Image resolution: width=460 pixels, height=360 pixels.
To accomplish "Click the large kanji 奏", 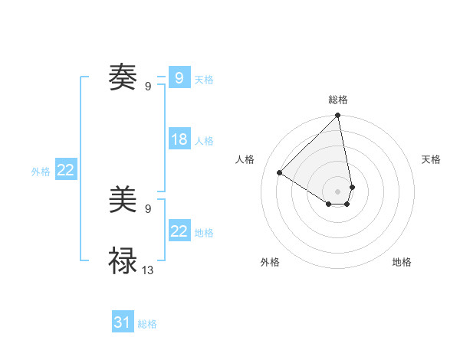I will [123, 77].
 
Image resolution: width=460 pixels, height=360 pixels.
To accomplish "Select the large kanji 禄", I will [123, 261].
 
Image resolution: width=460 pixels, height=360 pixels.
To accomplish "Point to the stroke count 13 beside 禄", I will [148, 270].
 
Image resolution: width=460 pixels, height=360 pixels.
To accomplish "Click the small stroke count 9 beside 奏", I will [148, 86].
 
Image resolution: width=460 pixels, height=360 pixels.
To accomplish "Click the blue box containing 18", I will [179, 139].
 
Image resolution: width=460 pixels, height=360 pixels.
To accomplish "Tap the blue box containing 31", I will [123, 322].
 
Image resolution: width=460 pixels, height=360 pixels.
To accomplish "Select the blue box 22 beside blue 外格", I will [65, 170].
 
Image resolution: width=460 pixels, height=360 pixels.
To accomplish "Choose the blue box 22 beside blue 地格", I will [179, 231].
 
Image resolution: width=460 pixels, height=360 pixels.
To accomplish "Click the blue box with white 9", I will [179, 77].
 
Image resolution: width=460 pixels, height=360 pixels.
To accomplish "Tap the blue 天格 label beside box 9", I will [204, 79].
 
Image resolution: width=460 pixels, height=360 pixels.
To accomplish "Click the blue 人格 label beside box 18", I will [204, 141].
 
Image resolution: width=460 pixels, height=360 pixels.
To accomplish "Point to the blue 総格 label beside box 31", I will [147, 324].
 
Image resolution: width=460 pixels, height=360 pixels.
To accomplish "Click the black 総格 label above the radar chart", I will [338, 100].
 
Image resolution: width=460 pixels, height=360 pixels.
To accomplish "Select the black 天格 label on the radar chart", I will [432, 159].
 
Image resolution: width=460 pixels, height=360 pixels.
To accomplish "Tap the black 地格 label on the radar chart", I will [402, 262].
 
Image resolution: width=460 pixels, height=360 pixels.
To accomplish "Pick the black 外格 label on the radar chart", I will [270, 262].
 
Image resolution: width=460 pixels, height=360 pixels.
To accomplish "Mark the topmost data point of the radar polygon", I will [338, 116].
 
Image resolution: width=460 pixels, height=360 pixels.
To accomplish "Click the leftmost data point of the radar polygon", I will [280, 173].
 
